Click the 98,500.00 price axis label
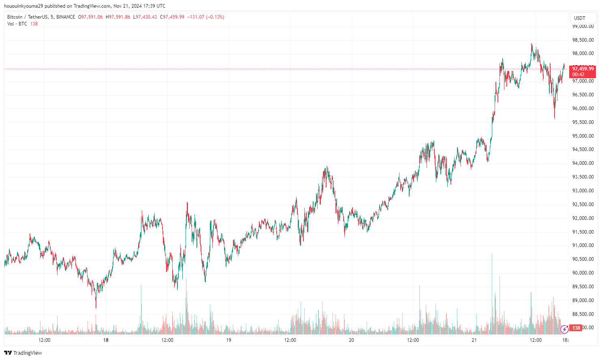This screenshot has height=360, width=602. (x=583, y=40)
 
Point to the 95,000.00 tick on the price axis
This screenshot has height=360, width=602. (x=583, y=136)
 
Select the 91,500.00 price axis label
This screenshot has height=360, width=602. (x=583, y=232)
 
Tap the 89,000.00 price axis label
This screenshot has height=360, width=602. (x=583, y=300)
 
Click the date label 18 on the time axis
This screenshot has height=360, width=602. (x=106, y=340)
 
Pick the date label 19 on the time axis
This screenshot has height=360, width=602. (x=228, y=340)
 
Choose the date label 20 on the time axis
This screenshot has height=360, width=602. (x=351, y=340)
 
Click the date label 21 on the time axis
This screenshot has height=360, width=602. (x=474, y=340)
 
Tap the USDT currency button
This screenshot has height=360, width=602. (x=580, y=18)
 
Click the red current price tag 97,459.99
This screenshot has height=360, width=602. (x=583, y=69)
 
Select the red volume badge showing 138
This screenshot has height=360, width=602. (x=576, y=328)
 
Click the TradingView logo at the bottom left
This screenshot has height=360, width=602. (x=23, y=353)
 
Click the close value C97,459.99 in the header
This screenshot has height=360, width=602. (x=172, y=17)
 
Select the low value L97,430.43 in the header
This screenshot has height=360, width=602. (x=145, y=17)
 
